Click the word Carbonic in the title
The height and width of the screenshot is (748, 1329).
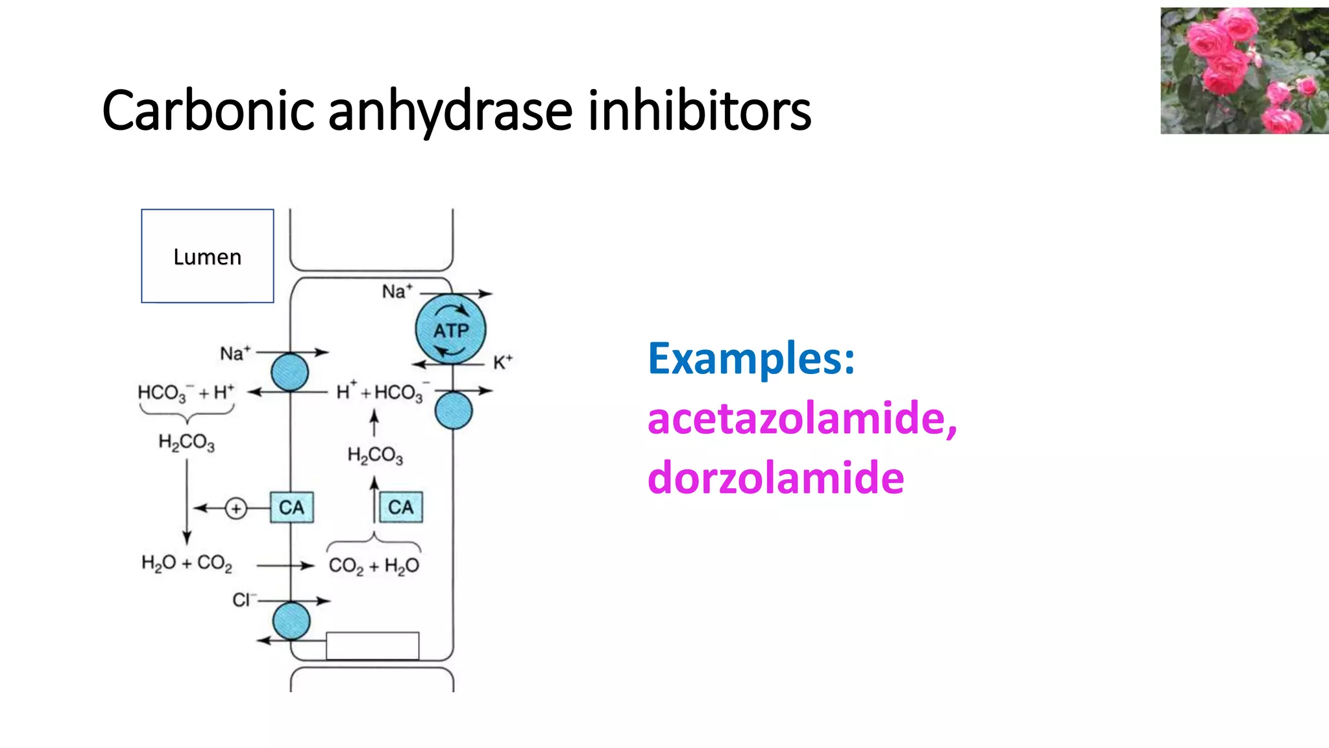pyautogui.click(x=208, y=110)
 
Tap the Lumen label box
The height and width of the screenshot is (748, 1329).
pyautogui.click(x=207, y=256)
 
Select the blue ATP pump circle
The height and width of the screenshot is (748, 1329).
pyautogui.click(x=450, y=329)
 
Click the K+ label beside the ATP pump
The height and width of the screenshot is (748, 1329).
pyautogui.click(x=502, y=362)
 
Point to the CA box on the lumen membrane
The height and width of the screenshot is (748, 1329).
pyautogui.click(x=291, y=507)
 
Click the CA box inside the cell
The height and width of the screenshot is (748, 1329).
pyautogui.click(x=400, y=507)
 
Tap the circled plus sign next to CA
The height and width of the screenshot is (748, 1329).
pyautogui.click(x=236, y=508)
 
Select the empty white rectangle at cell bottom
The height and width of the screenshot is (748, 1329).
pyautogui.click(x=372, y=645)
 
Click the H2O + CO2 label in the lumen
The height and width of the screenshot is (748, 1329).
pyautogui.click(x=187, y=563)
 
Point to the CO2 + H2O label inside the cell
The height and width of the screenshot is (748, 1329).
pyautogui.click(x=374, y=566)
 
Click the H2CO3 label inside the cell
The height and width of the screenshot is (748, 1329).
pyautogui.click(x=375, y=455)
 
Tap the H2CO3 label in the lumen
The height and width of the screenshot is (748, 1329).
pyautogui.click(x=186, y=442)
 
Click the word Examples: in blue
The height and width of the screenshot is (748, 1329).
pyautogui.click(x=751, y=358)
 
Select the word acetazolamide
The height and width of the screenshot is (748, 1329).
pyautogui.click(x=801, y=418)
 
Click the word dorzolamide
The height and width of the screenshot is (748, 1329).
pyautogui.click(x=775, y=478)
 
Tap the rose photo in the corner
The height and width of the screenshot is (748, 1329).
pyautogui.click(x=1243, y=70)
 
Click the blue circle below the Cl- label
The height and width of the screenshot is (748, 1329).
pyautogui.click(x=291, y=621)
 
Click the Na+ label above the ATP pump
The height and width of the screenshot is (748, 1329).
pyautogui.click(x=396, y=292)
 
